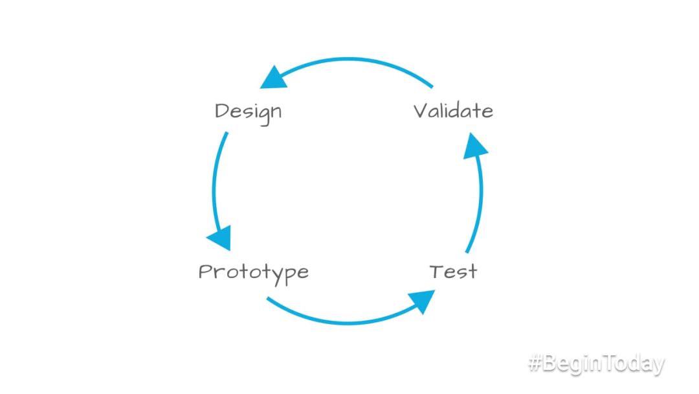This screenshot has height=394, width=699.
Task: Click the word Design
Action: click(248, 111)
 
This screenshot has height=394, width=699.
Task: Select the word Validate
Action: click(453, 111)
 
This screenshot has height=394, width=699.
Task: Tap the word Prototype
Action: click(253, 272)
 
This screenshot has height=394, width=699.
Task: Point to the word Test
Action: click(453, 272)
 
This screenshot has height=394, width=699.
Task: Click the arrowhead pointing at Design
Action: click(273, 78)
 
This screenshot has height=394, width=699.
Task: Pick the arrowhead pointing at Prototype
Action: click(221, 238)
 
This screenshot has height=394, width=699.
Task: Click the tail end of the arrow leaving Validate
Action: click(431, 86)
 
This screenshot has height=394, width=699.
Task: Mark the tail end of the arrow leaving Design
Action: click(227, 134)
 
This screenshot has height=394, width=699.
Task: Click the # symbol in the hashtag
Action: click(535, 364)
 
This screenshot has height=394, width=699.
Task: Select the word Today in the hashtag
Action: click(632, 364)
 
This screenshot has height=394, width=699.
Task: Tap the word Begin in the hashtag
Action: click(570, 365)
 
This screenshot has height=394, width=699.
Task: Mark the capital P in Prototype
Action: click(205, 271)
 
